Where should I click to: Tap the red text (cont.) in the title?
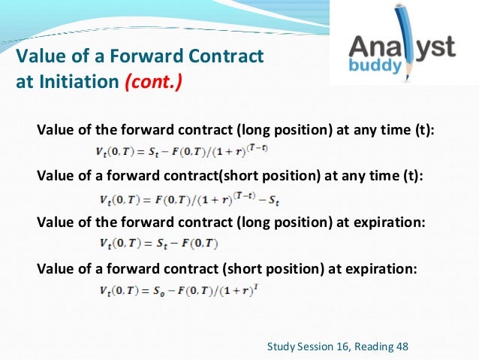pyautogui.click(x=154, y=80)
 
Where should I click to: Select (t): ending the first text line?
pyautogui.click(x=422, y=130)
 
